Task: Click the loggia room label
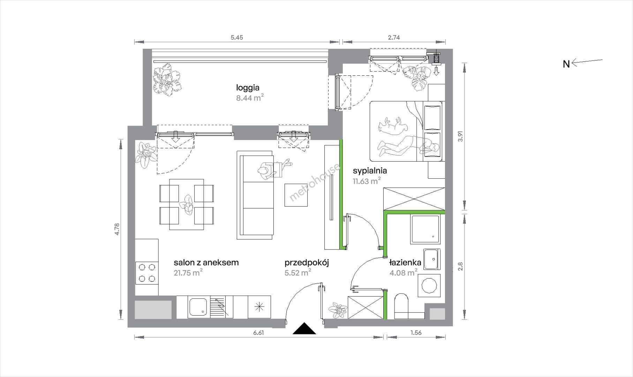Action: point(248,88)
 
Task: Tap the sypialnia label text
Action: point(370,171)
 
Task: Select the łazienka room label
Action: point(405,263)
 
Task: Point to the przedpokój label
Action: point(307,263)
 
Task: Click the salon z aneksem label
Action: point(206,263)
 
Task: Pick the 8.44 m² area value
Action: point(250,98)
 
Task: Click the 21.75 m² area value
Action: point(188,273)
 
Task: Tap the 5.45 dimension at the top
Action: point(237,37)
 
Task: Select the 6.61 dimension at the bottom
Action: point(258,333)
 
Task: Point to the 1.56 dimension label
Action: point(416,333)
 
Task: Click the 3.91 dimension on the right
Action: point(461,136)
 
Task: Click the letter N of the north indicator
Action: point(566,64)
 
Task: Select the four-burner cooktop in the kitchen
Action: point(147,273)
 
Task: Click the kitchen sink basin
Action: point(197,306)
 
